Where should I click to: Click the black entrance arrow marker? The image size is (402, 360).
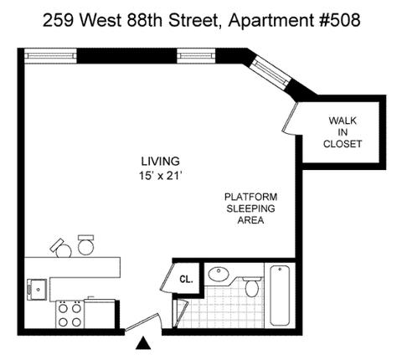[x=143, y=343]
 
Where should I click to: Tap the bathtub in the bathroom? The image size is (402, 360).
[x=280, y=296]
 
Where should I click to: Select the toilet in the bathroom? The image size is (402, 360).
[x=252, y=286]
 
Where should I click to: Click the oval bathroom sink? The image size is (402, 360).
[x=219, y=274]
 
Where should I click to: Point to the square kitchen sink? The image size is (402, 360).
[x=37, y=289]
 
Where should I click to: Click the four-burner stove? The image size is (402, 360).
[x=70, y=314]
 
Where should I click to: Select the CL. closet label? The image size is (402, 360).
[x=186, y=279]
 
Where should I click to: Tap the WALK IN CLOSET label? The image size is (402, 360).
[x=343, y=132]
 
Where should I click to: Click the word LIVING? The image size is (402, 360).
[x=160, y=162]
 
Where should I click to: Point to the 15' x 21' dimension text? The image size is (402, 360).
[x=160, y=176]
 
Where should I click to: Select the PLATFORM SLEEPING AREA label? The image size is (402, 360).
[x=250, y=208]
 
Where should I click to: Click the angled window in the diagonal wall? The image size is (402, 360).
[x=269, y=72]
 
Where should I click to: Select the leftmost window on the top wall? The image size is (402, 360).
[x=50, y=56]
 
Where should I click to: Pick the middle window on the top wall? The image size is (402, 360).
[x=196, y=56]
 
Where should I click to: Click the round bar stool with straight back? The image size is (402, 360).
[x=85, y=245]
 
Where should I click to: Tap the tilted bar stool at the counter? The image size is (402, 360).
[x=61, y=248]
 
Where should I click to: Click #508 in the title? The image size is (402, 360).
[x=340, y=20]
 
